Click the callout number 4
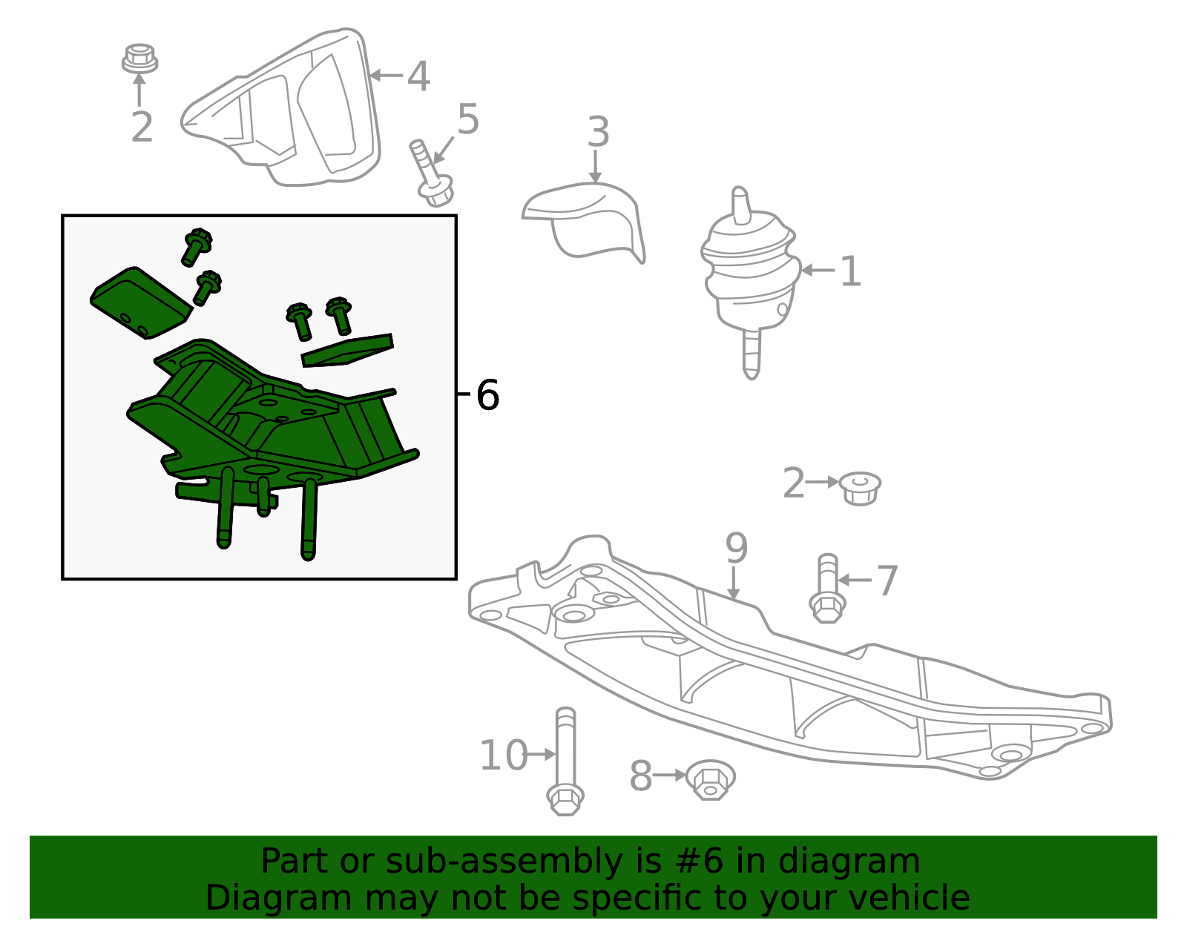(x=418, y=76)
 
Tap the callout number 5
(x=468, y=119)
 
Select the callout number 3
(x=598, y=133)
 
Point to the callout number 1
(x=850, y=271)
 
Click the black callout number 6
(x=487, y=395)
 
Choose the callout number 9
(x=736, y=548)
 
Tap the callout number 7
(x=887, y=581)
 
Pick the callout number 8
(x=640, y=776)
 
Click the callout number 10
(x=504, y=756)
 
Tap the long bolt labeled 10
(x=565, y=761)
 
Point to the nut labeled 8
(x=710, y=780)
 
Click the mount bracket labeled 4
(x=281, y=108)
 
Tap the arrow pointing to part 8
(x=670, y=775)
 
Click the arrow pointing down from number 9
(x=734, y=583)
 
